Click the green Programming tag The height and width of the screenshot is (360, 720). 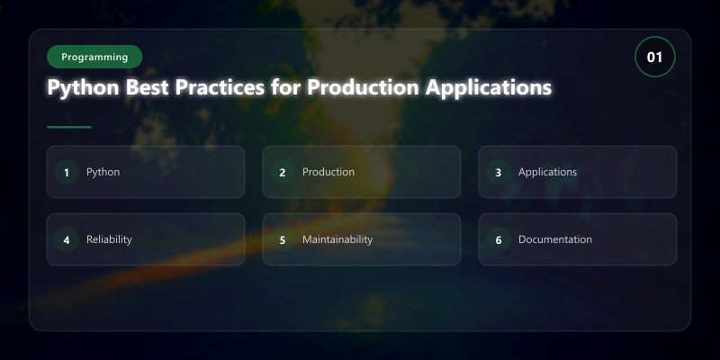[x=94, y=57]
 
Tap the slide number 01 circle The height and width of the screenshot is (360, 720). [x=655, y=57]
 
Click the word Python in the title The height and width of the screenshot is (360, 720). [x=84, y=87]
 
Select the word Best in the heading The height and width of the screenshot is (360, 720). [x=148, y=87]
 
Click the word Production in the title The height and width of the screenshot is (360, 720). [x=363, y=87]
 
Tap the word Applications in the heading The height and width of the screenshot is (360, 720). [x=488, y=87]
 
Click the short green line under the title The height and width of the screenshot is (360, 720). [x=69, y=127]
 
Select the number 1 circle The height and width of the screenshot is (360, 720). [x=67, y=172]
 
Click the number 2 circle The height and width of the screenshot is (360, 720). [x=283, y=172]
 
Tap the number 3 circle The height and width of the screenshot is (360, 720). [x=499, y=172]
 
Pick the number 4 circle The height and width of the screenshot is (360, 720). [x=67, y=239]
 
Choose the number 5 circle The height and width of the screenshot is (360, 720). [x=283, y=239]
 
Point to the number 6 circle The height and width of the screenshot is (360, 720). [x=499, y=239]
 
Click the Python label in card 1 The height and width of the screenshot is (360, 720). [x=103, y=172]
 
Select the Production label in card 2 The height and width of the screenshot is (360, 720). [x=328, y=172]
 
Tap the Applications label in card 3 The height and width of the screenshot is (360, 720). [x=548, y=172]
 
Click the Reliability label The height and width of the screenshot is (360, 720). [x=109, y=239]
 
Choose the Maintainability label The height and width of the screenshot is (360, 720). [x=337, y=239]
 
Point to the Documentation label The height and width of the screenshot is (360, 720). [x=555, y=239]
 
